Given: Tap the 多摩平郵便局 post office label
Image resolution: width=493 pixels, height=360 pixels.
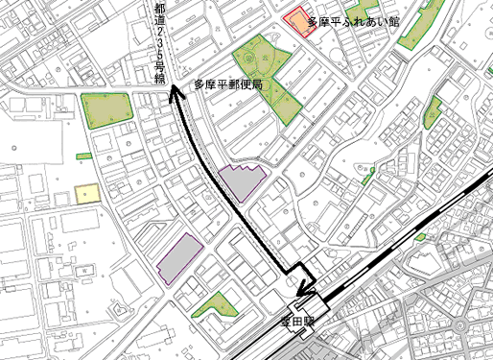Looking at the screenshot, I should [227, 85].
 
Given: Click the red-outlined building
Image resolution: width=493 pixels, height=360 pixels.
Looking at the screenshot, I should [300, 23].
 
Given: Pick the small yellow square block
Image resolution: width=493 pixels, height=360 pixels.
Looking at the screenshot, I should [88, 194].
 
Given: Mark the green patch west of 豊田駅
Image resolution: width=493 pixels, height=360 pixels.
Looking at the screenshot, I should [217, 306].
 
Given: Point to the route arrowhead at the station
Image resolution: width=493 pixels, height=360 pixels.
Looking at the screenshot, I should [305, 288].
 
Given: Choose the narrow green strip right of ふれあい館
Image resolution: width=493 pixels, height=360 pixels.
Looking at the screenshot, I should [416, 23].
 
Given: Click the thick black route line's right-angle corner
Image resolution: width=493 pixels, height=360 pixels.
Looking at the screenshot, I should [289, 268].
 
